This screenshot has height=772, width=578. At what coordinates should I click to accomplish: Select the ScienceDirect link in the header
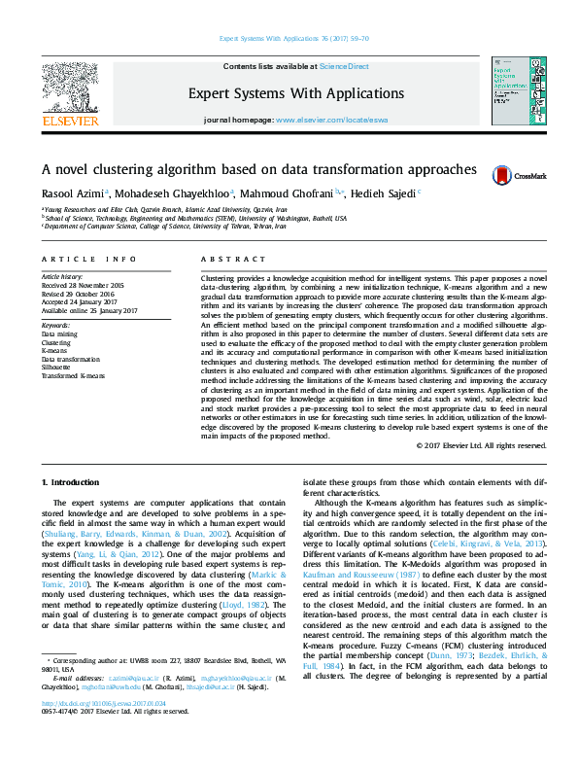click(x=345, y=66)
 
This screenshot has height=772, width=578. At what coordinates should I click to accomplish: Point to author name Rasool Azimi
click(x=72, y=193)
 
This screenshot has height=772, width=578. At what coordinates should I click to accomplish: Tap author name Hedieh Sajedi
click(x=381, y=193)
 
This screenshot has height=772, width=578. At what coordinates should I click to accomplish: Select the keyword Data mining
click(x=60, y=333)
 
